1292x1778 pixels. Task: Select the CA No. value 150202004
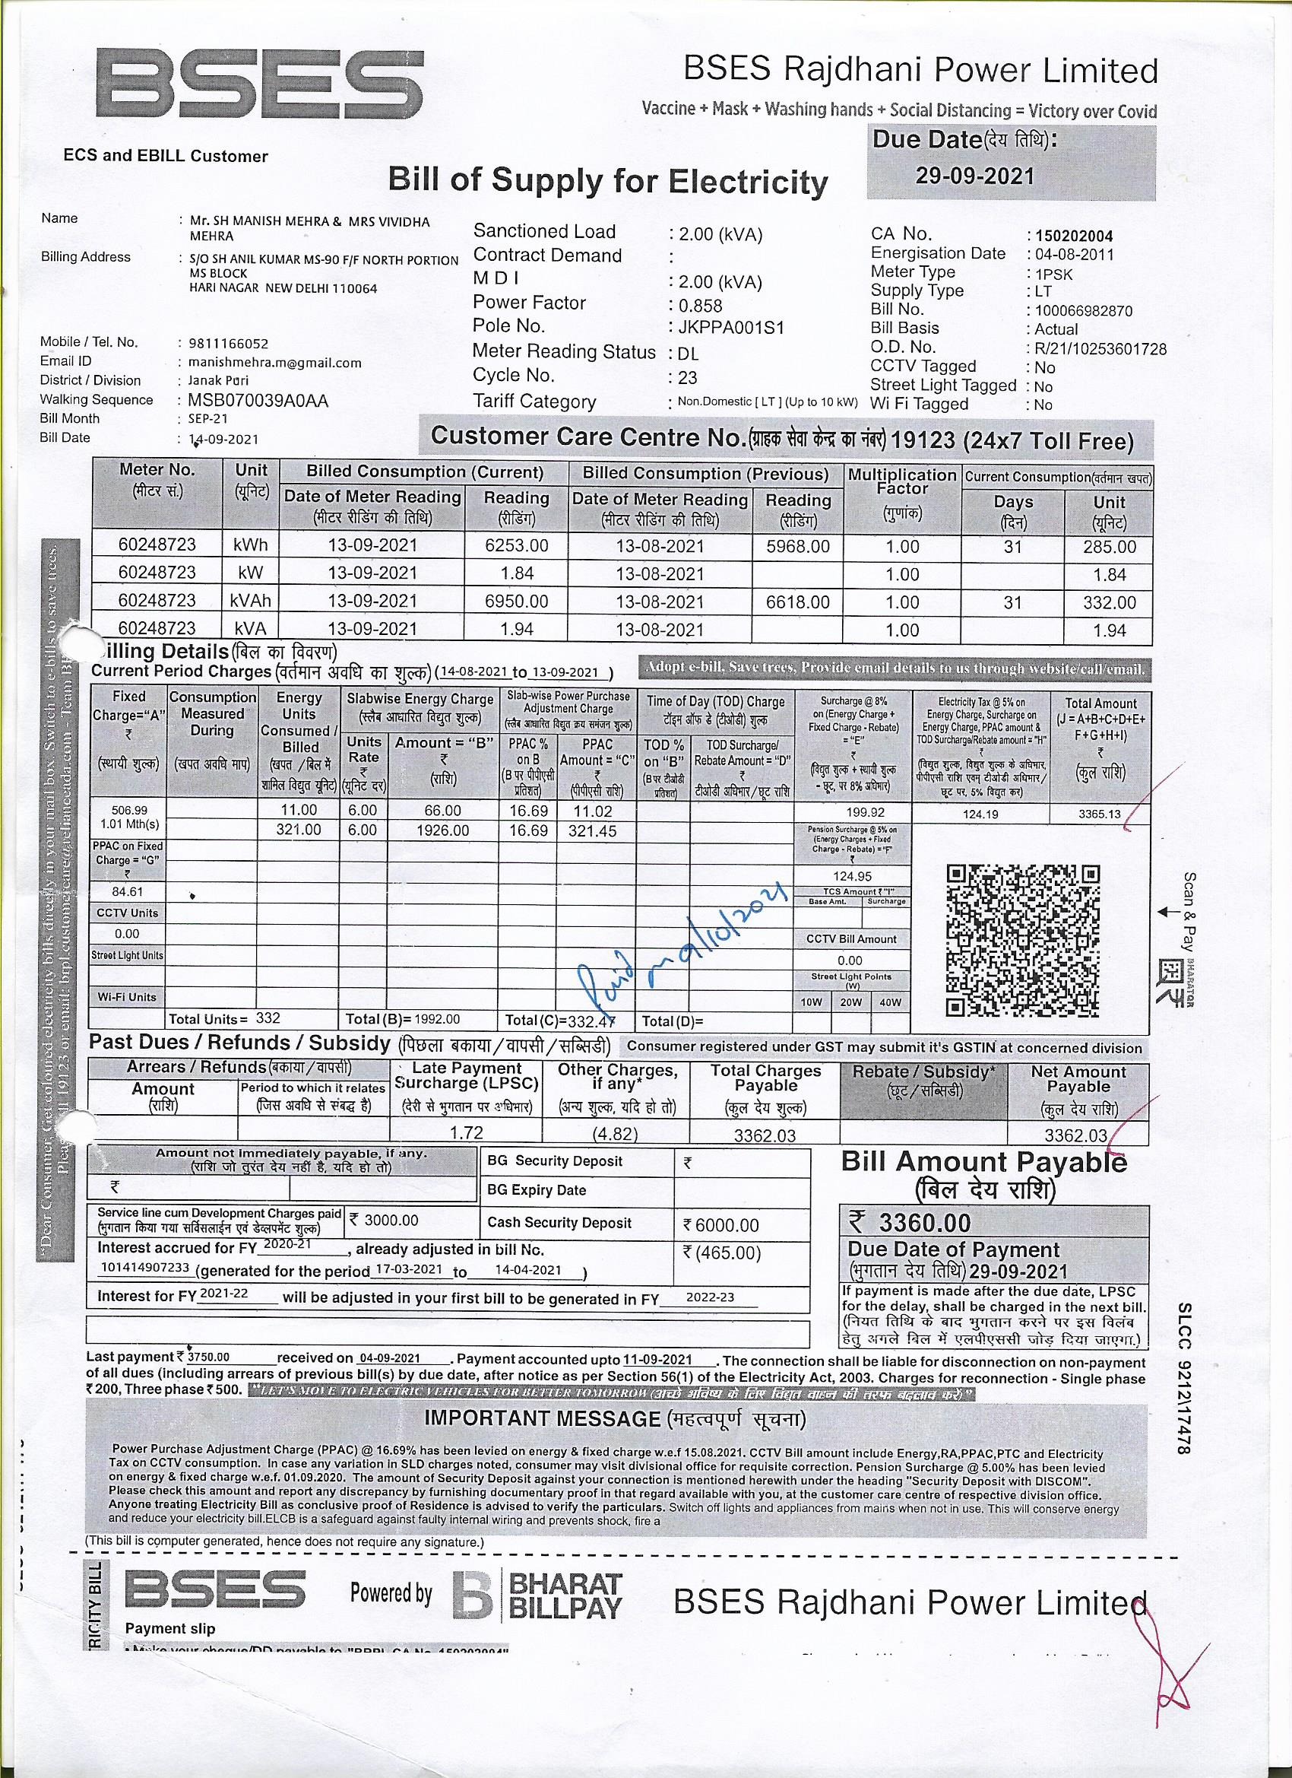tap(1073, 236)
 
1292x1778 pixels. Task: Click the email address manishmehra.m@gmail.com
tap(274, 363)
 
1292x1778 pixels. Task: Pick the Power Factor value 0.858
tap(701, 306)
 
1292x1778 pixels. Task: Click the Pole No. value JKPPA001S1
tap(731, 328)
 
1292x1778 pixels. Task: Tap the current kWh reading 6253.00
tap(516, 545)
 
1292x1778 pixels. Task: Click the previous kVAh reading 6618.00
tap(797, 602)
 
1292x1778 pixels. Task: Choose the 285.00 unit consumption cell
tap(1109, 548)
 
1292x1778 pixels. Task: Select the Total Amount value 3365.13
tap(1099, 814)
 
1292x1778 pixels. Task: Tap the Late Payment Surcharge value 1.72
tap(466, 1133)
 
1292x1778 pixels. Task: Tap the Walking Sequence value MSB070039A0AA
tap(258, 401)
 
